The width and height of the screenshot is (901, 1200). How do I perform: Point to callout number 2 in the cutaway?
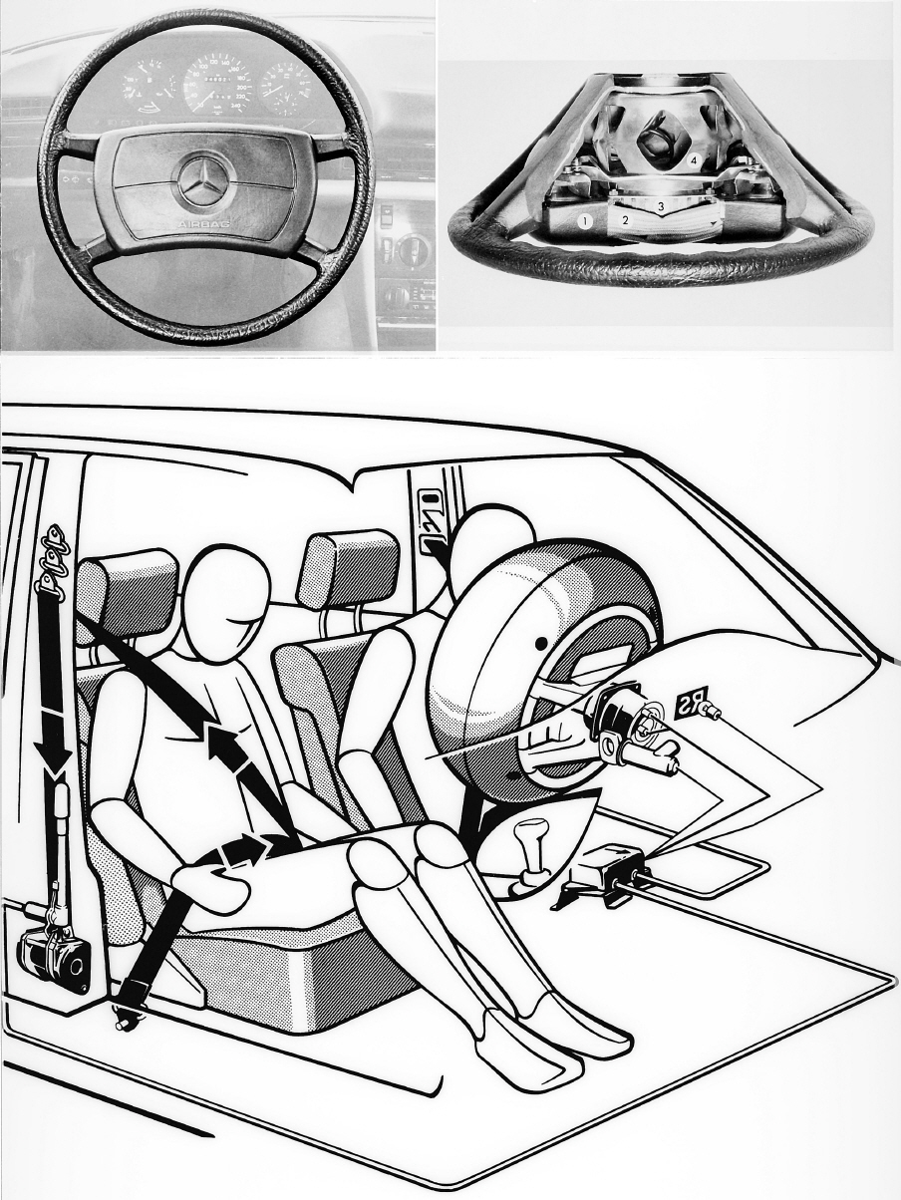click(625, 217)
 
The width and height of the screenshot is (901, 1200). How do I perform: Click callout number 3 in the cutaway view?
click(660, 206)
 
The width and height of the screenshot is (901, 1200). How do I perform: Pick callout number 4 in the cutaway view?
click(693, 159)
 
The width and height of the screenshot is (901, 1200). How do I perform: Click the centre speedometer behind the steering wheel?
click(218, 78)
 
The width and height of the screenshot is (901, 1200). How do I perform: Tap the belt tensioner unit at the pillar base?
click(55, 956)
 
